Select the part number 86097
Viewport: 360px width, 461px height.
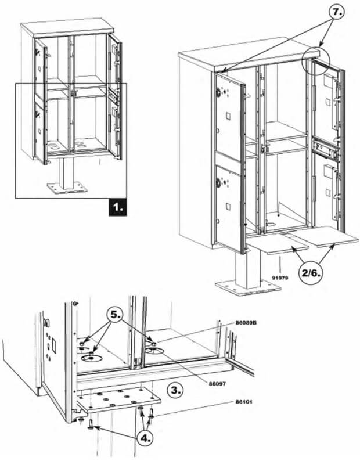click(219, 383)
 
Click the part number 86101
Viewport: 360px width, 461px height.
click(244, 401)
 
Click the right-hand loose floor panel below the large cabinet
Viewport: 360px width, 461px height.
click(328, 235)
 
